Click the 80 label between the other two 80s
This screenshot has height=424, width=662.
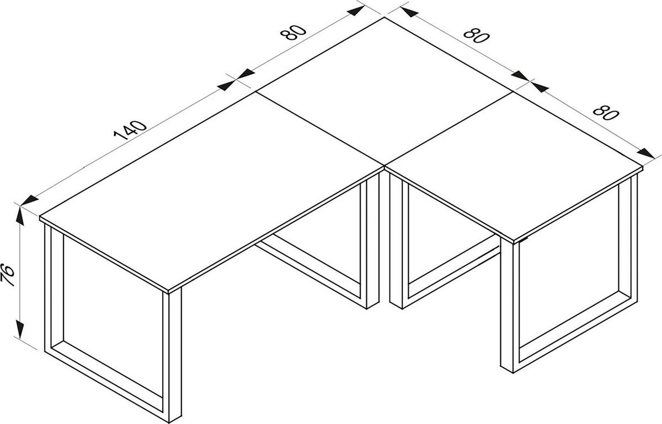pyautogui.click(x=476, y=35)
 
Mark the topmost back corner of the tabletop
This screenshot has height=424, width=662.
pyautogui.click(x=385, y=18)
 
